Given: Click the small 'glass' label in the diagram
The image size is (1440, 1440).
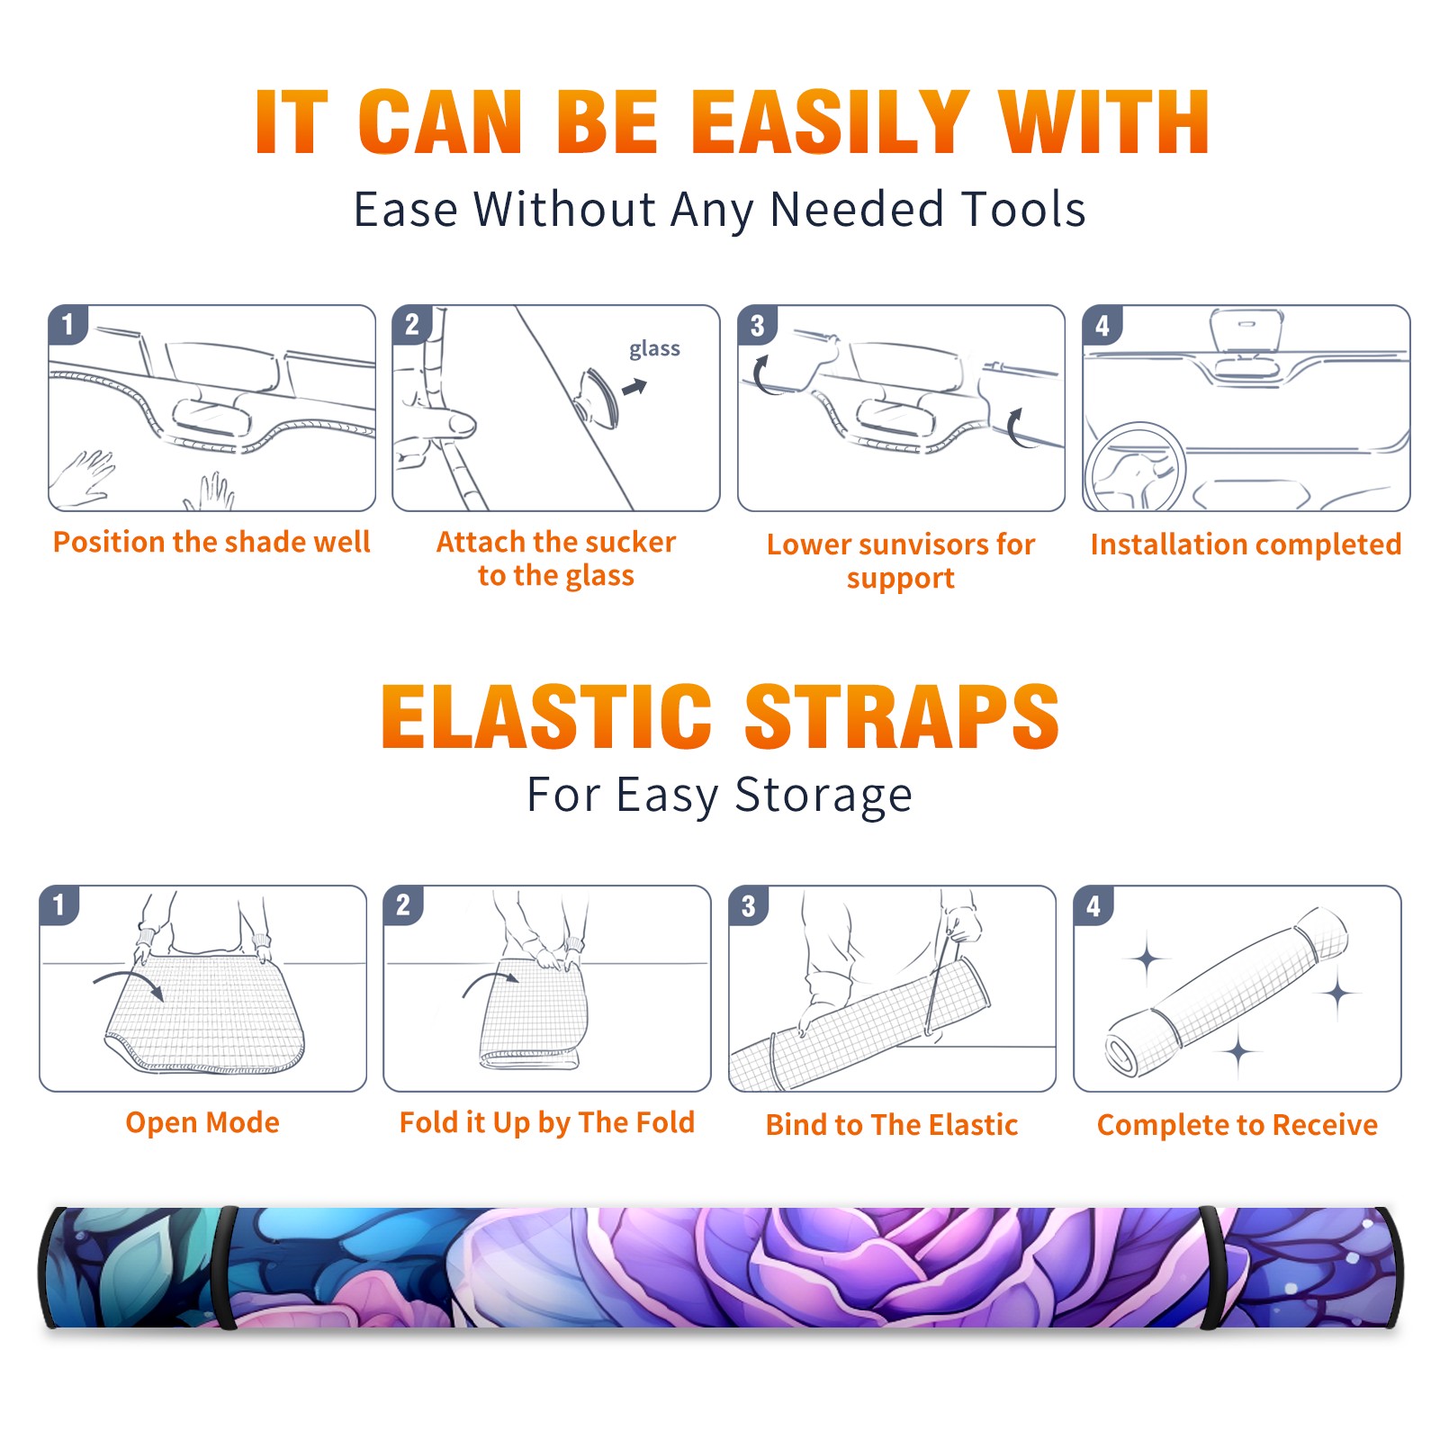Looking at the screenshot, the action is (x=654, y=349).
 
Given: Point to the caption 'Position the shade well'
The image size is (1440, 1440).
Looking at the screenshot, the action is (x=211, y=542).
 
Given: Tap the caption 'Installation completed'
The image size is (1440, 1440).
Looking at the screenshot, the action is (x=1246, y=544).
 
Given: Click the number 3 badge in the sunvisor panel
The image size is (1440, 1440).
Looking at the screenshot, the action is (x=757, y=326).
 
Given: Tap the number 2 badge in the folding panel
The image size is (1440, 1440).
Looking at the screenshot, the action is (x=403, y=904).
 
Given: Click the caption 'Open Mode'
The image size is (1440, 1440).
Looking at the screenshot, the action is (x=202, y=1122).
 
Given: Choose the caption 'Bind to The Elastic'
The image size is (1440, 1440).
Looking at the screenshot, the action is (x=892, y=1125).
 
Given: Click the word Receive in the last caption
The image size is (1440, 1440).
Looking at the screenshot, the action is (x=1325, y=1125).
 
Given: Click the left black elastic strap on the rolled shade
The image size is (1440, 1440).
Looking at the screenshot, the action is (x=226, y=1267).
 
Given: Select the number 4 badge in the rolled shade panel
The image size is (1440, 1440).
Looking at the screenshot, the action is (x=1093, y=905).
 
